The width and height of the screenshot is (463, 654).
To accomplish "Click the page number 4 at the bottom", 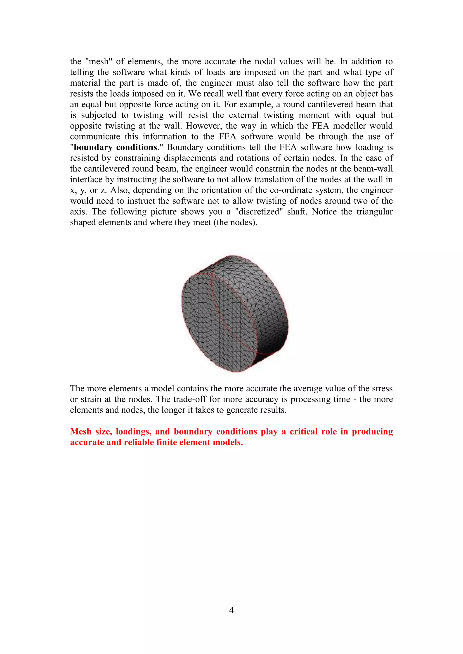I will click(231, 610).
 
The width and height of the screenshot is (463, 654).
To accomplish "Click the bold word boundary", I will click(93, 147).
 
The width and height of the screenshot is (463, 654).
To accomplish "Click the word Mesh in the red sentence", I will click(81, 431).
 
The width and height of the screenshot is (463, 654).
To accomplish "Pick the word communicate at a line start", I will click(95, 136).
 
